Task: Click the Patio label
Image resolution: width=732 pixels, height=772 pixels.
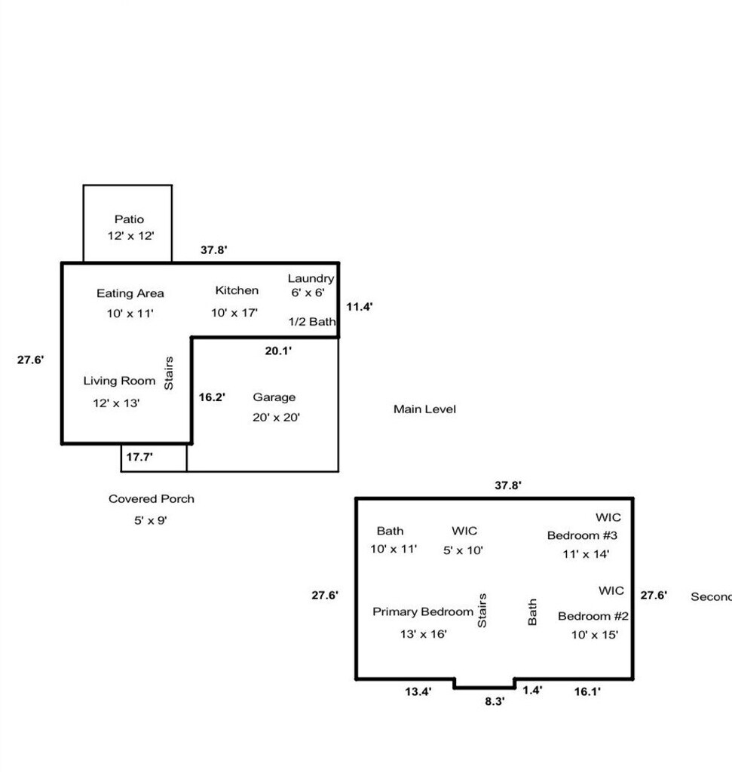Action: (129, 219)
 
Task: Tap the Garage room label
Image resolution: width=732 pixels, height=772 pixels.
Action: (274, 397)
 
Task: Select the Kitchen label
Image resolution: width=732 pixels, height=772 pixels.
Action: (237, 290)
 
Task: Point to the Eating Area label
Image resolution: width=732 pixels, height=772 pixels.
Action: (130, 293)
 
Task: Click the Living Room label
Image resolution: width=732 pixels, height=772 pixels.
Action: (119, 381)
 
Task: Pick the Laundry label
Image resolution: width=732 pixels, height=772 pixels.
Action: (311, 279)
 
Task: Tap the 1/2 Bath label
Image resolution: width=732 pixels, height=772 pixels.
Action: (312, 321)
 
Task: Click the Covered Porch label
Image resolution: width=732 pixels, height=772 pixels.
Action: (151, 498)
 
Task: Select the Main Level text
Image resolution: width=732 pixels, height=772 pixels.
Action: (424, 409)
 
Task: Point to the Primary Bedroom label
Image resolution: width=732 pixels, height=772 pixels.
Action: (423, 611)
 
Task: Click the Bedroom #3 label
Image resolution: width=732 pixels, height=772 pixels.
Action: (582, 536)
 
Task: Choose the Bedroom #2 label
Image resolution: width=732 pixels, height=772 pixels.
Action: (593, 616)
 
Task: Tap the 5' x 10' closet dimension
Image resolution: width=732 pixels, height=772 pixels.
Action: (464, 550)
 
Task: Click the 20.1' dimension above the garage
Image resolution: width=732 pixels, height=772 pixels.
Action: (279, 350)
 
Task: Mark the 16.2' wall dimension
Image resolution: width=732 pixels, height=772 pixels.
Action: (212, 397)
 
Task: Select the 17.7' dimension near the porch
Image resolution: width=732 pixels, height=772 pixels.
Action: (139, 456)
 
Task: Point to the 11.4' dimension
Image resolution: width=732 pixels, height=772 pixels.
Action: (360, 307)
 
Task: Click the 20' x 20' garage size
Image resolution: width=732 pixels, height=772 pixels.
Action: (277, 417)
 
